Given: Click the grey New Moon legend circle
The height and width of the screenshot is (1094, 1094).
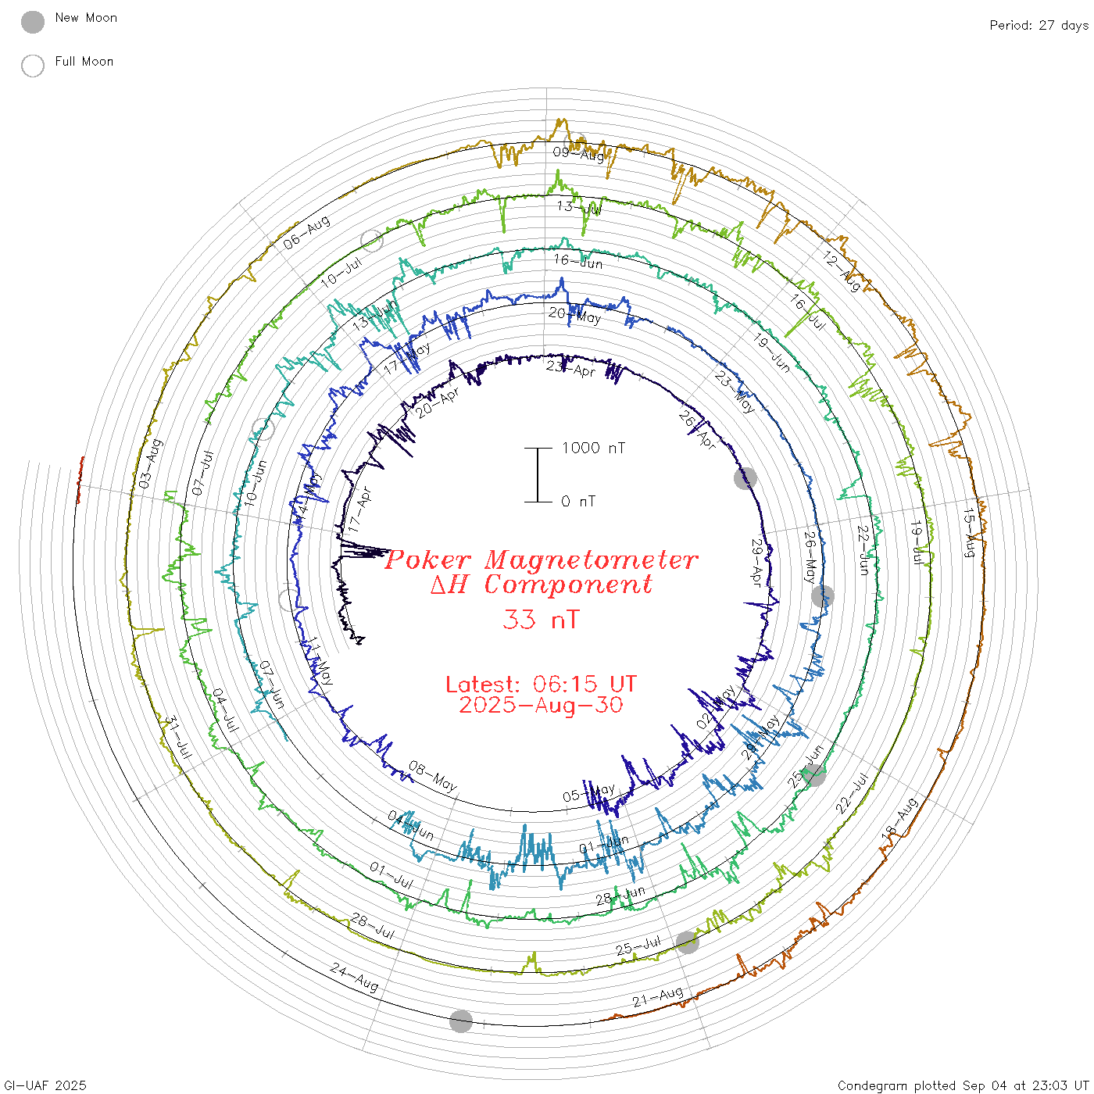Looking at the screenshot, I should pos(33,22).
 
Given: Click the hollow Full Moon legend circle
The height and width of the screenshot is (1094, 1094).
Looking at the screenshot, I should pos(33,66).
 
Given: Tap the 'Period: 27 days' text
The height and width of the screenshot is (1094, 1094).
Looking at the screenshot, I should pos(1039,25).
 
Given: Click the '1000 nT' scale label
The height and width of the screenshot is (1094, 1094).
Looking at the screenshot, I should pos(593,448).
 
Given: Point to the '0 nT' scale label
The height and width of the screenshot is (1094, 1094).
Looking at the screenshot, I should pos(578,501).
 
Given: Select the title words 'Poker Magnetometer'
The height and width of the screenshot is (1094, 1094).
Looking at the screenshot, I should pos(541,560).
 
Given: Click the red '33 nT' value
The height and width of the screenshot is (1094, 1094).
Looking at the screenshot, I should pos(541,620).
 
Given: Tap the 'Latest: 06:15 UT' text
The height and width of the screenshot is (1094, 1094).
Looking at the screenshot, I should pos(541,684).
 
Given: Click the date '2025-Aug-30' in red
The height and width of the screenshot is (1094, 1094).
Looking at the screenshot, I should pos(541,705).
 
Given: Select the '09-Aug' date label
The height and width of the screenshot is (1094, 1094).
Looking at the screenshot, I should pos(578,153).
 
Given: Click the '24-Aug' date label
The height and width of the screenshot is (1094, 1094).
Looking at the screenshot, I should pos(354,977).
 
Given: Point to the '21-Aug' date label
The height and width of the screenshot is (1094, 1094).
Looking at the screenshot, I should pos(658,998).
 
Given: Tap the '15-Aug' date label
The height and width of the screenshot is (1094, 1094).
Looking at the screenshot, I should pos(969,533).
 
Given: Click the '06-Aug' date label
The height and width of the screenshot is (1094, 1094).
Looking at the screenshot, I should pos(306,233).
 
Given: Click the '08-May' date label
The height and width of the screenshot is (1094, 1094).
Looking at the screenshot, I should pos(432,777).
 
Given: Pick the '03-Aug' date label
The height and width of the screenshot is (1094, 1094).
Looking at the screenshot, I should pos(150,464).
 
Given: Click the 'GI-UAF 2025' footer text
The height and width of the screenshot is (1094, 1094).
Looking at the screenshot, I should pos(45,1085).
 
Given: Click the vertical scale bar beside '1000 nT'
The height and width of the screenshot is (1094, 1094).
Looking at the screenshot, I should pos(538,474).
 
